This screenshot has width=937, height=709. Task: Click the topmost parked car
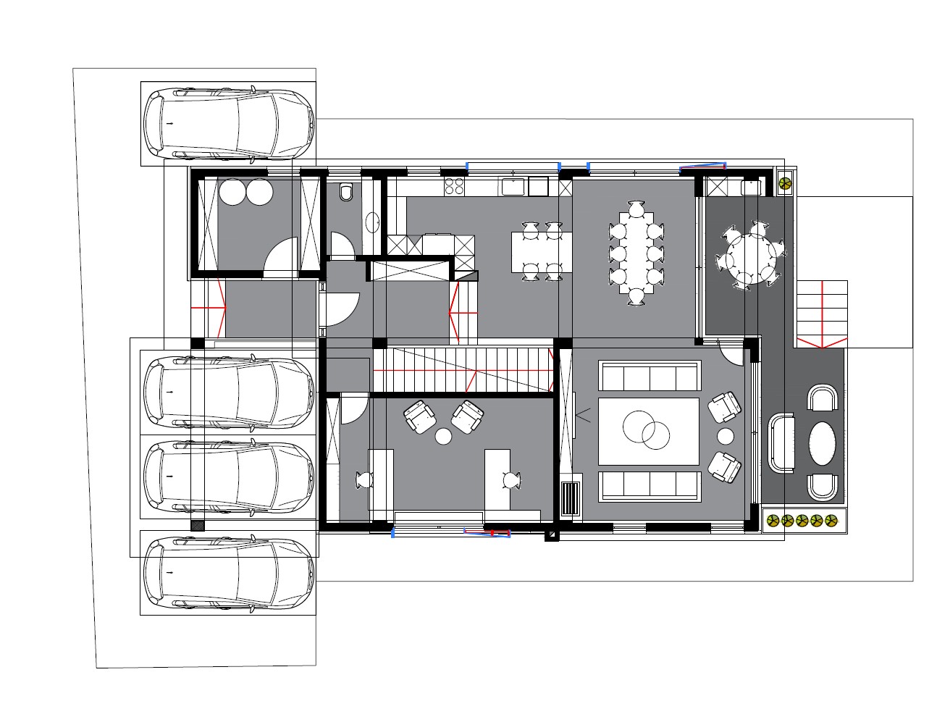(x=228, y=124)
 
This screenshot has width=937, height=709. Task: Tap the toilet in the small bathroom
(x=346, y=193)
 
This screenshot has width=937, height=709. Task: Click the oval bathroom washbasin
(x=373, y=222)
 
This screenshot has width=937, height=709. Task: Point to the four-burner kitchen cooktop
(x=454, y=186)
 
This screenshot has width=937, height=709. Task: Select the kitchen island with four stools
(x=542, y=251)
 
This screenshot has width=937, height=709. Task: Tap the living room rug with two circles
(x=648, y=431)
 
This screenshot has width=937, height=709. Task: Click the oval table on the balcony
(x=823, y=442)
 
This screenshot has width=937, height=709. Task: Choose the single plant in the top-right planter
(x=784, y=185)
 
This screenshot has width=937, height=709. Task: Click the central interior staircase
(x=463, y=370)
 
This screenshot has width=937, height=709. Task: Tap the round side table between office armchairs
(x=443, y=436)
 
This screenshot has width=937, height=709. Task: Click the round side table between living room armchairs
(x=725, y=436)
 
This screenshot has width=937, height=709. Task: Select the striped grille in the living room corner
(x=571, y=498)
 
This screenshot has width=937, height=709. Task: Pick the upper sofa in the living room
(x=650, y=377)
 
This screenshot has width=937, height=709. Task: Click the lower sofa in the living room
(x=650, y=485)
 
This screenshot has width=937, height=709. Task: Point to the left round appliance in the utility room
(x=233, y=193)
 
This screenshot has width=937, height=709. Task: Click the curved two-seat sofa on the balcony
(x=781, y=442)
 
